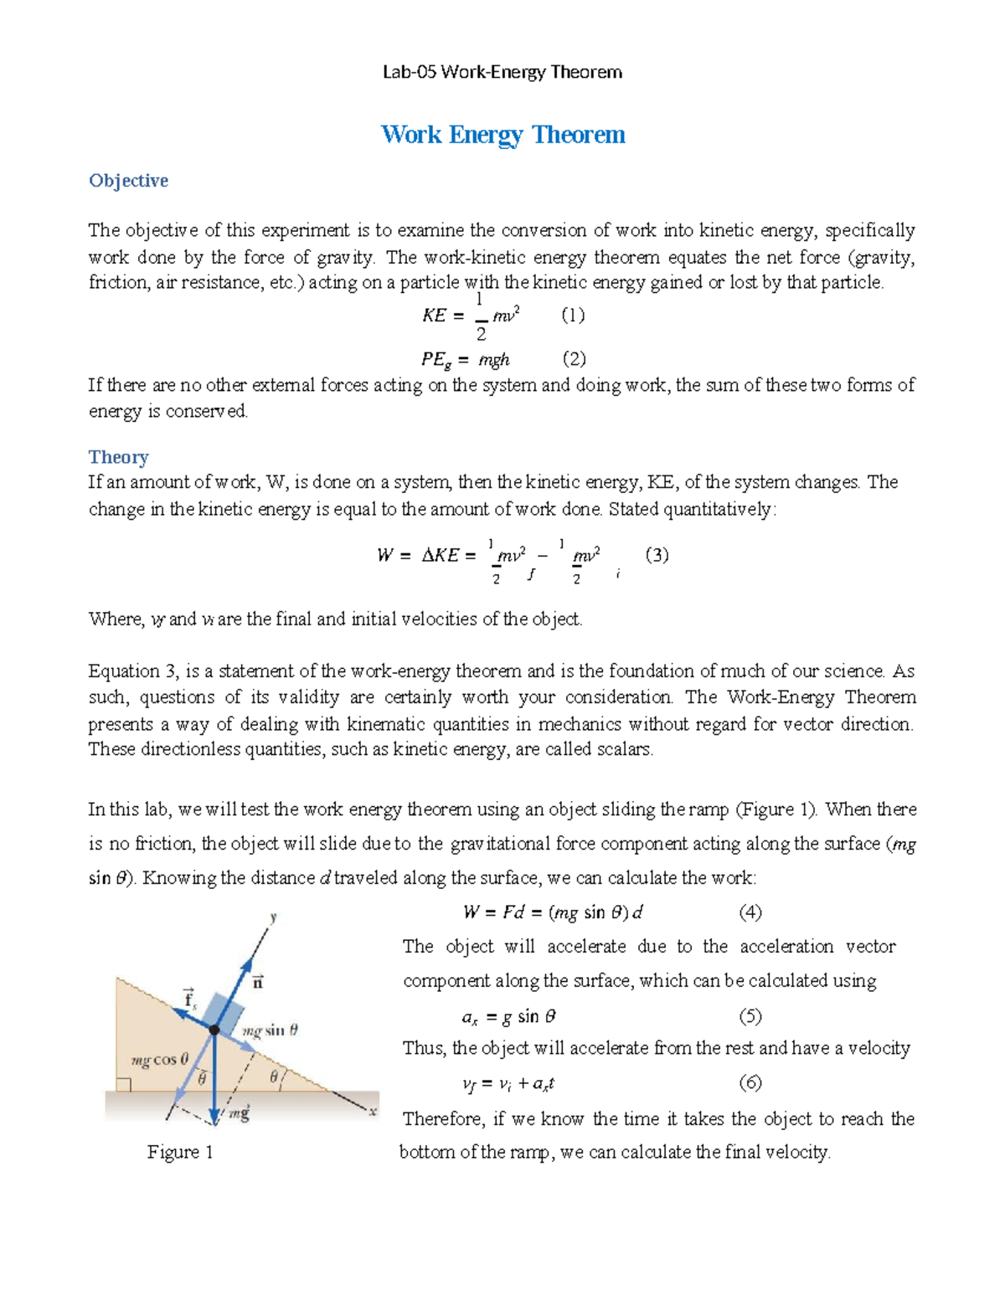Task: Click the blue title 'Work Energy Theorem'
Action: tap(502, 135)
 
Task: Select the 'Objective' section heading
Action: tap(128, 181)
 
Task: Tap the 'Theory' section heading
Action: tap(118, 457)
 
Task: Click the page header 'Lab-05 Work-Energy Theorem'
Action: tap(502, 72)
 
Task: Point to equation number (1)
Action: tap(573, 316)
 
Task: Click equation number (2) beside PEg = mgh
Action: tap(574, 359)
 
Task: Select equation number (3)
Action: tap(657, 555)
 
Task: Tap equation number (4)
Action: tap(750, 912)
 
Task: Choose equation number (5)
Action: tap(750, 1016)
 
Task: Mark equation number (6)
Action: tap(750, 1083)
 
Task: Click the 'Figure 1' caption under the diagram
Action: tap(180, 1153)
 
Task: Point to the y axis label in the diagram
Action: tap(273, 917)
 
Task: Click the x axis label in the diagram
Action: tap(373, 1112)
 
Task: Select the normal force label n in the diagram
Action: tap(258, 982)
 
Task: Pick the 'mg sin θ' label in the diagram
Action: tap(270, 1030)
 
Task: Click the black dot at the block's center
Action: tap(214, 1030)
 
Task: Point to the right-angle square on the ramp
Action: tap(123, 1085)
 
